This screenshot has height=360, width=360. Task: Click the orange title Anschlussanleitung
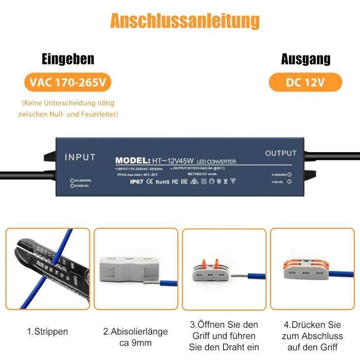point(185,21)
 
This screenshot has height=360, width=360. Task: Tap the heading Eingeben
point(68,59)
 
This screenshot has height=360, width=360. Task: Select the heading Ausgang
point(305,59)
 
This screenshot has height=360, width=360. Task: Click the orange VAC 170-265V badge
point(67,82)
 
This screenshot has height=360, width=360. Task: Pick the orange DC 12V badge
point(305,82)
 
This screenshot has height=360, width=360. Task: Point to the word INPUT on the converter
point(80,157)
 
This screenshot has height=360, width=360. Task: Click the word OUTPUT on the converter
point(281,153)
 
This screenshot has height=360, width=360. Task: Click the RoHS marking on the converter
point(163,181)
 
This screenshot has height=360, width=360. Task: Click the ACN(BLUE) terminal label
point(83,186)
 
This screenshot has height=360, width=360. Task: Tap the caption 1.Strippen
point(47,332)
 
